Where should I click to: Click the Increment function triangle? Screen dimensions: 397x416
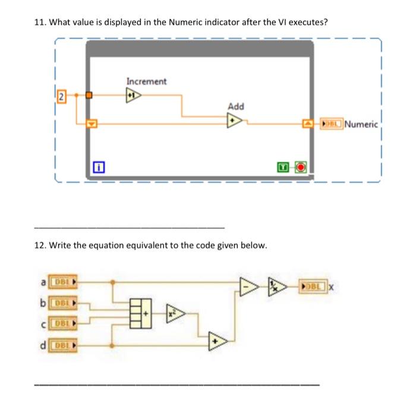133,94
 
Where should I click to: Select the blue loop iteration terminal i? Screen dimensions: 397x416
99,167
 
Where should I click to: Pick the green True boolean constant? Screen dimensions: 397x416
286,167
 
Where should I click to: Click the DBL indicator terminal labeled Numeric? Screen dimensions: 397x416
331,124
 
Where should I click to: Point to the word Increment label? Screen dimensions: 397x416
146,81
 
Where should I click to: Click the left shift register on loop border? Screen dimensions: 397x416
90,124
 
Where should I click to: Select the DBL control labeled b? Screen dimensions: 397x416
64,304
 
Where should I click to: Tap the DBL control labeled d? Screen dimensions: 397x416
64,344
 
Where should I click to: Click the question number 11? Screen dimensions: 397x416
39,22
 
